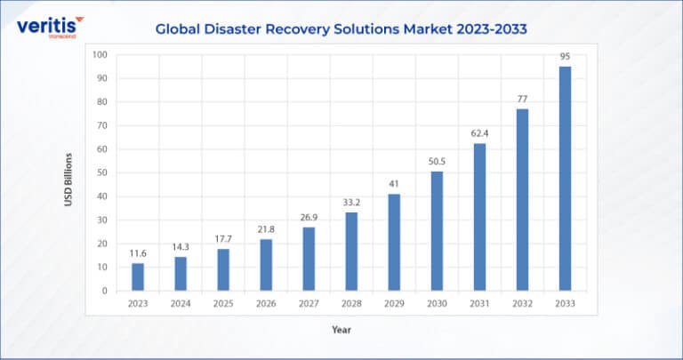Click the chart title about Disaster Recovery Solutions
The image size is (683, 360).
[x=341, y=28]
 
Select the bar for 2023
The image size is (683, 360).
[x=138, y=276]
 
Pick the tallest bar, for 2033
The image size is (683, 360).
[x=565, y=179]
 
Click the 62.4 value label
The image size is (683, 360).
[x=479, y=134]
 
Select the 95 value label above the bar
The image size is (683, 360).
[x=565, y=57]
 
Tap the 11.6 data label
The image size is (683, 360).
[x=138, y=253]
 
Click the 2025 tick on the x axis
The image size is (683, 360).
[x=223, y=304]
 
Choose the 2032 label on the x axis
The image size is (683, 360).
[x=522, y=304]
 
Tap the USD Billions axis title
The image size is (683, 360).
[x=68, y=180]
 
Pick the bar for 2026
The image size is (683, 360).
[x=266, y=265]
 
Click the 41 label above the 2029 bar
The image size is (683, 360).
[x=394, y=184]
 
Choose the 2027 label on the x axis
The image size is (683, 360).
[x=309, y=304]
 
